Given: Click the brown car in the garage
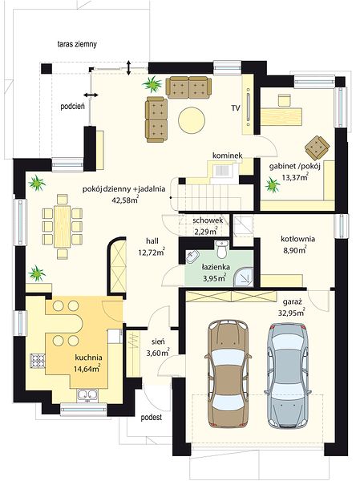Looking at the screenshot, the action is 228,374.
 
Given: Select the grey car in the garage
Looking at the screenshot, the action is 287,375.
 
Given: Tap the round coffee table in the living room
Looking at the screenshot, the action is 192,120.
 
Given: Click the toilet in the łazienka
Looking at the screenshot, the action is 221,249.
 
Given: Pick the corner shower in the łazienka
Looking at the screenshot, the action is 245,277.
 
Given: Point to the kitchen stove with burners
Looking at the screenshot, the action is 38,361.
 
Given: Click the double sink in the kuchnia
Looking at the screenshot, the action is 87,394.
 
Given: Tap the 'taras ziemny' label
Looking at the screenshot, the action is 77,44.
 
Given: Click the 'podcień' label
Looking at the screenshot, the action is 73,107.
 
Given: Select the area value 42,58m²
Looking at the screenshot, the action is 126,200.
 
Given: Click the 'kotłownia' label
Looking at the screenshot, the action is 298,239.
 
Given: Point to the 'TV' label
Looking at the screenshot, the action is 236,108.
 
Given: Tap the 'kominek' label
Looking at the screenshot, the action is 228,156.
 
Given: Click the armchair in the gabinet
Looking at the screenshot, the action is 318,148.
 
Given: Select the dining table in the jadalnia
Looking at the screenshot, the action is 63,226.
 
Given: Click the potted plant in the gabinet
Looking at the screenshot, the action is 273,185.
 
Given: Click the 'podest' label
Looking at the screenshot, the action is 152,418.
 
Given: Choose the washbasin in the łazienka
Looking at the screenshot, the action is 192,257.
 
